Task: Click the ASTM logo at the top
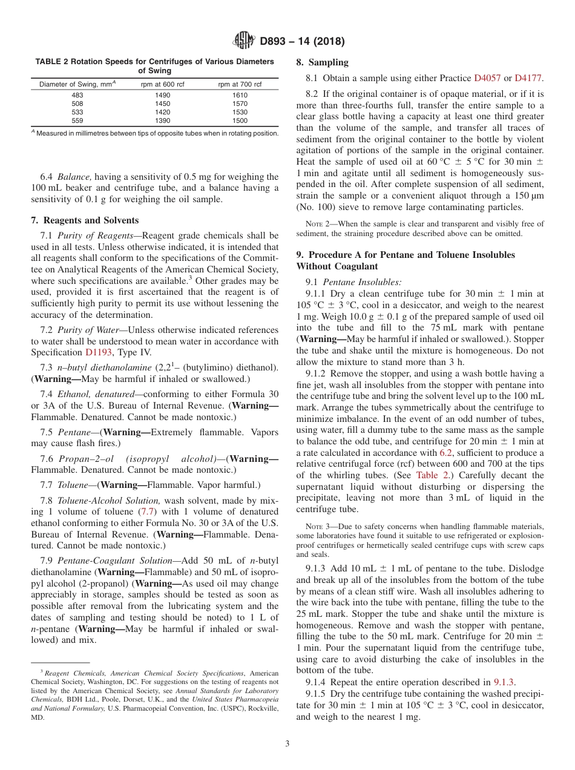point(244,41)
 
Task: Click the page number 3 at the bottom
point(287,744)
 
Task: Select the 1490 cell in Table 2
point(162,95)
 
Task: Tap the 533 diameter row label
point(77,113)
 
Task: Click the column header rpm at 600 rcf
point(162,84)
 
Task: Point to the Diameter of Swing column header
point(77,84)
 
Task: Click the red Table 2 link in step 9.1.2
point(432,475)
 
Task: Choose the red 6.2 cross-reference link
point(445,453)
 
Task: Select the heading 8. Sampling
point(322,62)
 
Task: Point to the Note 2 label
point(317,224)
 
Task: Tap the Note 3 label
point(317,526)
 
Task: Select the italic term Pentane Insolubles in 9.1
point(361,282)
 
